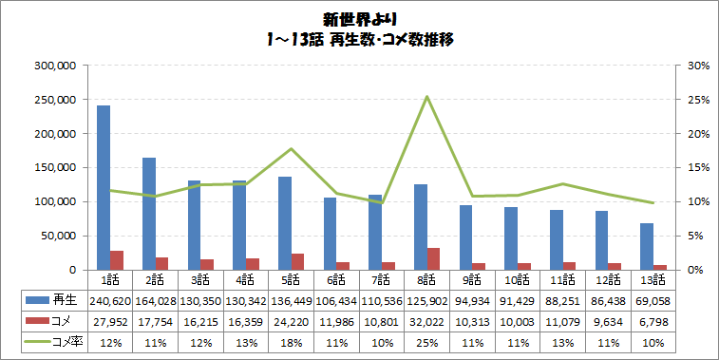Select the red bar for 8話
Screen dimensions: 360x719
coord(434,259)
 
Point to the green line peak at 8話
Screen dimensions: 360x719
coord(427,97)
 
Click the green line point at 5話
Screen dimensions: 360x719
coord(291,149)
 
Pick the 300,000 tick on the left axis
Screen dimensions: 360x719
coord(56,66)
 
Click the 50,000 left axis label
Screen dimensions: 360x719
coord(59,236)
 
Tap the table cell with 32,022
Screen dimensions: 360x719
coord(427,322)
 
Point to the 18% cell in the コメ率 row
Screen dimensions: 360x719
coord(291,343)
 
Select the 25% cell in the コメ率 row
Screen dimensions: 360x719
coord(427,343)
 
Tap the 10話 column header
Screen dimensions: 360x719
coord(518,279)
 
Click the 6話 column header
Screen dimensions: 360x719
coord(336,279)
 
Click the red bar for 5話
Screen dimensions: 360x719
coord(298,262)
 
